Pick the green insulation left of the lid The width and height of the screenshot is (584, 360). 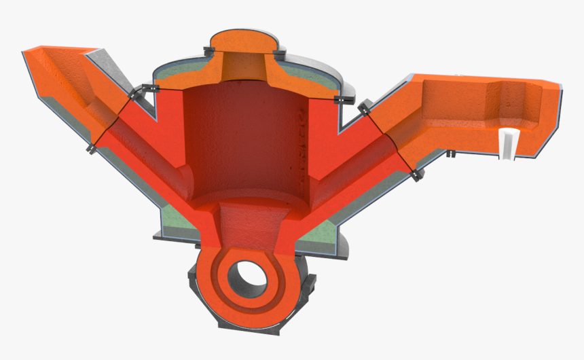tap(177, 71)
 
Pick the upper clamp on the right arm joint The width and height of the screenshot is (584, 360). tap(363, 107)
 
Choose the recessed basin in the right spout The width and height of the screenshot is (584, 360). tap(523, 102)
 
